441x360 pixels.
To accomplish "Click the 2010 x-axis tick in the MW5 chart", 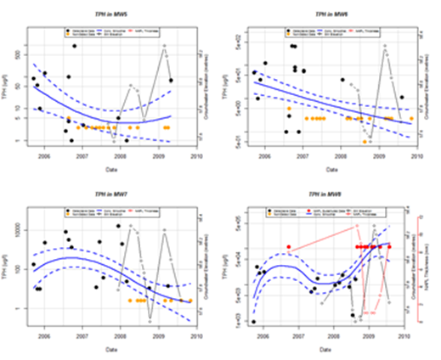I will tap(196, 156).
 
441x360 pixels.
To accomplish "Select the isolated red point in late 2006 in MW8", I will tap(290, 247).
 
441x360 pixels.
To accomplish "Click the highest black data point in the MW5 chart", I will tap(75, 47).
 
